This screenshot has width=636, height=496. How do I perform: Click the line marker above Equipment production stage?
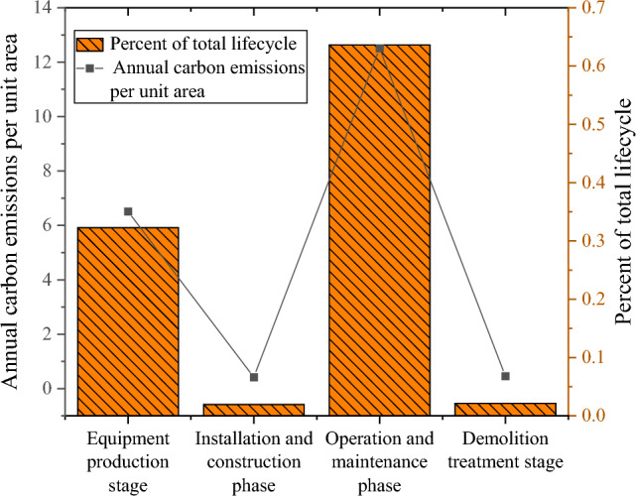(128, 211)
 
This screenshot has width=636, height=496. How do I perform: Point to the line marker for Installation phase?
(254, 377)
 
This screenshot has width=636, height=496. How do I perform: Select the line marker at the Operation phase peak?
(379, 49)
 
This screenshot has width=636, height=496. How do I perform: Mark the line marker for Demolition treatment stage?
(505, 376)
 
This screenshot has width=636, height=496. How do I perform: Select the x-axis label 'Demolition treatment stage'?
(505, 449)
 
